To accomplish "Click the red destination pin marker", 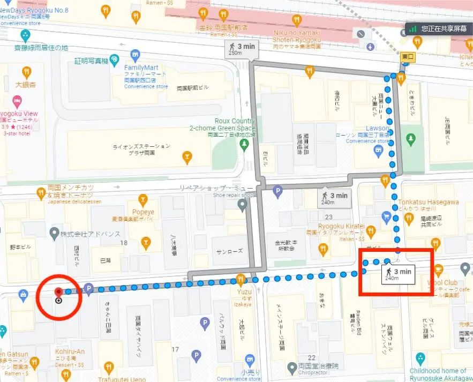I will [x=58, y=292].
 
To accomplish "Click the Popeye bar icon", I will [x=143, y=201].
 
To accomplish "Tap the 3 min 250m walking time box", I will [x=242, y=49].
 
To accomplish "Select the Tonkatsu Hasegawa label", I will [x=428, y=203].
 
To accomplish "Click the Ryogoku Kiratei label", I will [x=341, y=226].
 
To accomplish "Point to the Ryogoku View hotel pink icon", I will [x=17, y=100].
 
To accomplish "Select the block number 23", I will [x=328, y=217].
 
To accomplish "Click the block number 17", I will [x=174, y=350].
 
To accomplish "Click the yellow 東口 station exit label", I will [x=408, y=56].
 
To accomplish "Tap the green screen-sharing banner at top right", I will [x=439, y=28].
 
